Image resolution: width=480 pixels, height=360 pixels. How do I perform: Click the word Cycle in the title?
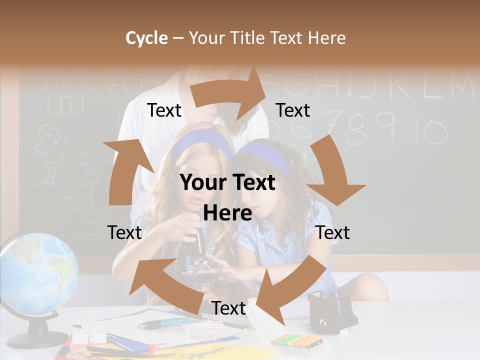146,38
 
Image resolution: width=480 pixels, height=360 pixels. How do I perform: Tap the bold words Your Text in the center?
227,183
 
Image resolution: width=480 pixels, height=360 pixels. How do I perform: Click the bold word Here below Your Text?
227,213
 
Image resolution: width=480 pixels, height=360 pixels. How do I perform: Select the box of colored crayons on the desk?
295,342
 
